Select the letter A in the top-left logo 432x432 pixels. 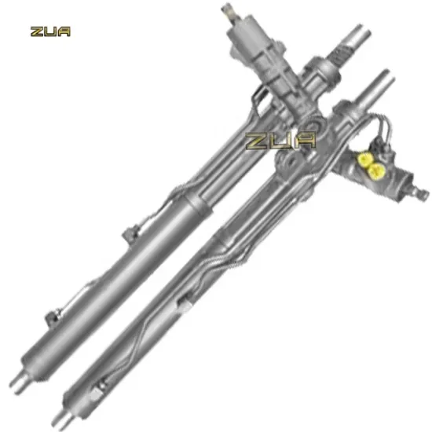point(64,32)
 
